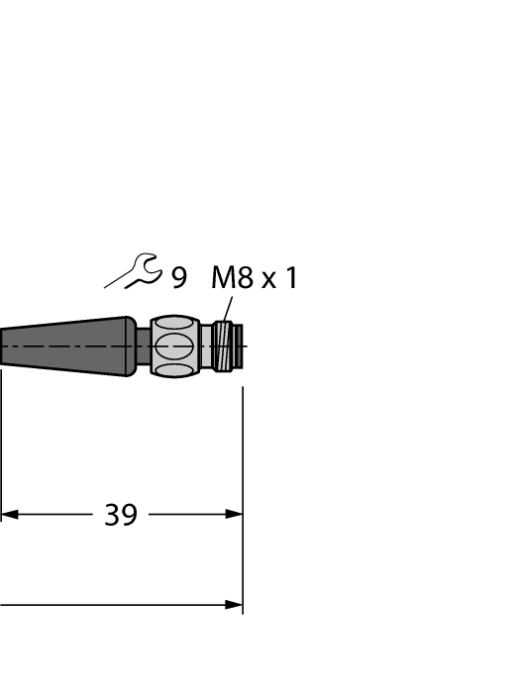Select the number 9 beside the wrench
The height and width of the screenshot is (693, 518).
[x=178, y=278]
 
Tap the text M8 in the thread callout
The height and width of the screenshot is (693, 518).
[x=233, y=278]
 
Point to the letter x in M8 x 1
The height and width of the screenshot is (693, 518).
[x=268, y=281]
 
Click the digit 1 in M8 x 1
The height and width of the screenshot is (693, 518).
[x=290, y=278]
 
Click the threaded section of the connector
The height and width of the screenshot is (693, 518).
[x=226, y=346]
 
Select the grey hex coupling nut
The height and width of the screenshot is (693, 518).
[x=175, y=346]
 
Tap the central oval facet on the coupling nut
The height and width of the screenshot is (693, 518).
[x=175, y=346]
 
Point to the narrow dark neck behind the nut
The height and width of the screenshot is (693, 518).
[x=144, y=347]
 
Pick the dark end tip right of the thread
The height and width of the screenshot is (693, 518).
[x=239, y=346]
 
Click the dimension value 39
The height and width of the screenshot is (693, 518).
[x=121, y=515]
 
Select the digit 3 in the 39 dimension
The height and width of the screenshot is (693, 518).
[x=112, y=515]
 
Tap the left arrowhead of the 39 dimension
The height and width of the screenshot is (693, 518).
[x=9, y=514]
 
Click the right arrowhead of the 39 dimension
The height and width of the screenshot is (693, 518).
[x=234, y=514]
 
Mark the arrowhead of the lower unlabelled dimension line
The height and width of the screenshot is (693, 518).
[x=234, y=604]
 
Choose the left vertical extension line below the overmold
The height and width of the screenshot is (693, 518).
[x=1, y=445]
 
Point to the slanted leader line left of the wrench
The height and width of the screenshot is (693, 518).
[x=117, y=281]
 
